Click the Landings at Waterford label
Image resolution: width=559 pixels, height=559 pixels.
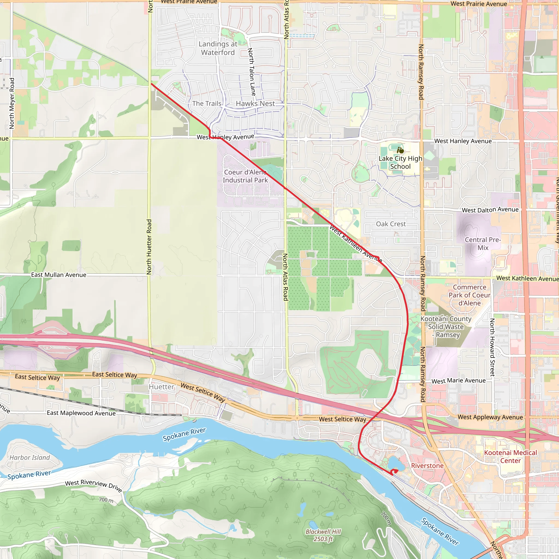pos(218,48)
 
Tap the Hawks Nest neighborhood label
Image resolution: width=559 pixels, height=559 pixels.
pos(255,103)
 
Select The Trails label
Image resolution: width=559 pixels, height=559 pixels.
pos(207,103)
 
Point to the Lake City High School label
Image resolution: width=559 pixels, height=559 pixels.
pos(400,162)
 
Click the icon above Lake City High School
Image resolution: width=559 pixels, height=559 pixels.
pos(400,150)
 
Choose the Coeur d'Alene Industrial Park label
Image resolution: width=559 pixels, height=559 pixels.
pos(245,176)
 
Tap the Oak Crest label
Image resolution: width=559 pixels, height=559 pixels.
pos(391,224)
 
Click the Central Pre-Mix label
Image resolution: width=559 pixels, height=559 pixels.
pos(483,244)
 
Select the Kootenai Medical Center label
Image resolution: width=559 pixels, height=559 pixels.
pos(510,457)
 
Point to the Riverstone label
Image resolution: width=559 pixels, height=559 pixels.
pos(427,466)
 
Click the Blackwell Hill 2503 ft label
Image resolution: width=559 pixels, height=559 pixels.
pos(323,535)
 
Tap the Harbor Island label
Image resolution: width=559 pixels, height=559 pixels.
pos(30,457)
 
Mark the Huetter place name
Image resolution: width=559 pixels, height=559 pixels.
pos(162,387)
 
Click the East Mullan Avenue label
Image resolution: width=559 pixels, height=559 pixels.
pos(59,275)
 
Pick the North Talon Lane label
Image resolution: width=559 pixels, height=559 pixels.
pos(252,72)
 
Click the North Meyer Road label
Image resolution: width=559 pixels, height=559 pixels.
pos(12,103)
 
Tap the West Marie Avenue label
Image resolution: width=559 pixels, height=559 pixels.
pos(458,381)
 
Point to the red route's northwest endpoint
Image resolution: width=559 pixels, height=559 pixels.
pos(151,84)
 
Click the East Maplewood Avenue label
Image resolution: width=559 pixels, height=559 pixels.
pos(81,413)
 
